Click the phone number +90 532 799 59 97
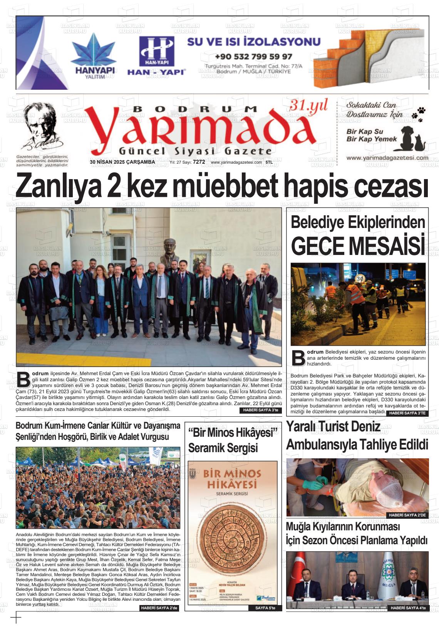[x=253, y=57]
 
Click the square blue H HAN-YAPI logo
[x=156, y=51]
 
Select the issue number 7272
[x=199, y=163]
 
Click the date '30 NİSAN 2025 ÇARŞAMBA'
[x=122, y=163]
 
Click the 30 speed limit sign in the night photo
[x=360, y=278]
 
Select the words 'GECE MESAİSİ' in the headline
[x=358, y=246]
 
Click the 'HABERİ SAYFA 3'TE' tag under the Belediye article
[x=407, y=413]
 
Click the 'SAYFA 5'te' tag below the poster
[x=265, y=608]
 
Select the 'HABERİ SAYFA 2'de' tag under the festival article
[x=159, y=608]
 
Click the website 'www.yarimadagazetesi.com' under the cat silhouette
[x=387, y=158]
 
